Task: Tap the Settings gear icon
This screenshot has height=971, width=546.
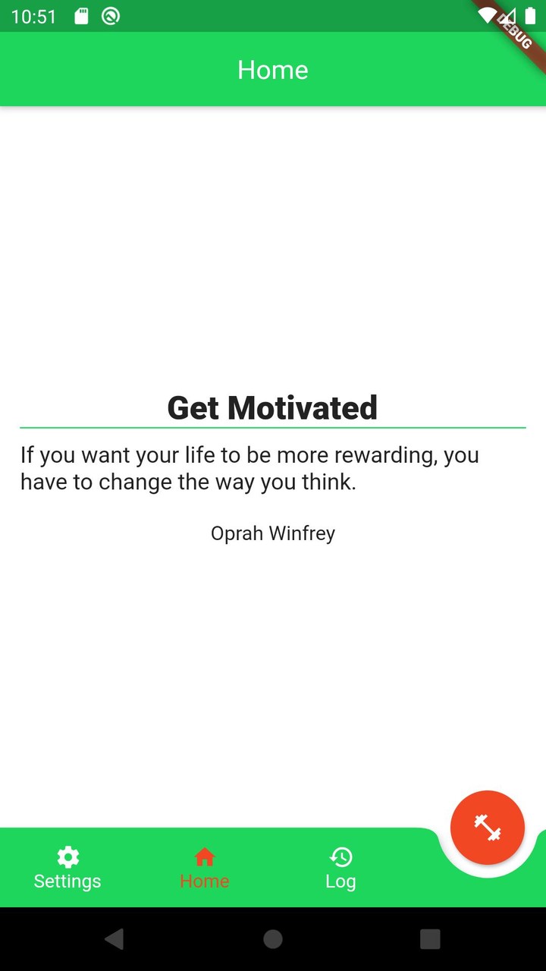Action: click(68, 856)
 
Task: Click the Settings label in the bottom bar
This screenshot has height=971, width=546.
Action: click(67, 881)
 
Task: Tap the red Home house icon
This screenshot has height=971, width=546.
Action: click(205, 856)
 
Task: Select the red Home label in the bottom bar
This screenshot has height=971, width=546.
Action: click(205, 881)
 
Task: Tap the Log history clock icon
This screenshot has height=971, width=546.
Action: click(341, 856)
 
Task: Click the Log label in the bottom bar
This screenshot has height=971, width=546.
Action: click(341, 882)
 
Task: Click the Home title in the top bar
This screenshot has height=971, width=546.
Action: click(273, 70)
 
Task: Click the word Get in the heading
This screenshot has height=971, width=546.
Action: click(193, 408)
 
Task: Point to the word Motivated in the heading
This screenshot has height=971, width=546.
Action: click(303, 408)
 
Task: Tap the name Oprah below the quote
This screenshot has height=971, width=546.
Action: click(237, 533)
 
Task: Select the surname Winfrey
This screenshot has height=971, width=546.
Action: click(302, 533)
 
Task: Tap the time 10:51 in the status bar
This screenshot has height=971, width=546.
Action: click(34, 17)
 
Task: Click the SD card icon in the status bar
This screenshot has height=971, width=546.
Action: click(81, 17)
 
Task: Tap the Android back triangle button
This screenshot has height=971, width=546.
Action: click(115, 939)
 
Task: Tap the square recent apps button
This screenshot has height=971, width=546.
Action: click(430, 939)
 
